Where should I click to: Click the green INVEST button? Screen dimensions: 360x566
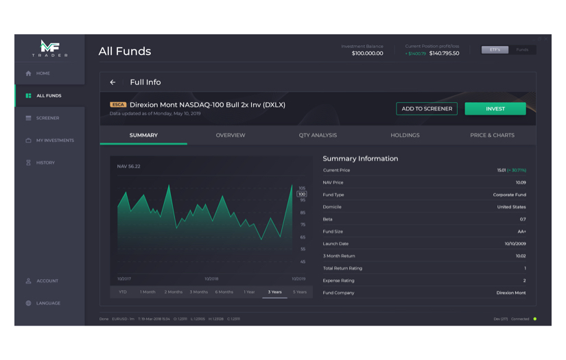point(495,108)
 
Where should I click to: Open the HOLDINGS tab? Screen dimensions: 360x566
point(405,135)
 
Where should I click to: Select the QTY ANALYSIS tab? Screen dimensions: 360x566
point(318,135)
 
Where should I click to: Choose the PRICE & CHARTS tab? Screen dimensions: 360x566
point(492,135)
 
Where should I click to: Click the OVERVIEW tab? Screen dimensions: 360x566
point(231,135)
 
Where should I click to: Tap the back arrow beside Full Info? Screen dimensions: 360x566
point(113,82)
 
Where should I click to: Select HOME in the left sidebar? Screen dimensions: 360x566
point(43,73)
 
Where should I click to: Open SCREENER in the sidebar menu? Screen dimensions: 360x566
point(47,118)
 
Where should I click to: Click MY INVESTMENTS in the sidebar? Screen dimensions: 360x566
point(54,141)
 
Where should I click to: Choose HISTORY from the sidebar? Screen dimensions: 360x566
point(45,163)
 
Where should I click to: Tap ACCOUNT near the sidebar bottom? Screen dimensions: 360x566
point(47,281)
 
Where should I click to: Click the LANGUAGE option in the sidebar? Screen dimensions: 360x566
point(48,303)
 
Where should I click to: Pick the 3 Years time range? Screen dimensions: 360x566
point(274,292)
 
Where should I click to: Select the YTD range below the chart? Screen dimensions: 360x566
point(123,292)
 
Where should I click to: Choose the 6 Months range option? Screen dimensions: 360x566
point(224,292)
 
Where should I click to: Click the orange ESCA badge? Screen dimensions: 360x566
point(118,105)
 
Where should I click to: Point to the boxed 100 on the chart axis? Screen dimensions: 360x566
point(302,194)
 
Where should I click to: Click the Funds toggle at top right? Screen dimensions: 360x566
point(522,50)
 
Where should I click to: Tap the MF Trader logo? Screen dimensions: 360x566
point(49,48)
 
